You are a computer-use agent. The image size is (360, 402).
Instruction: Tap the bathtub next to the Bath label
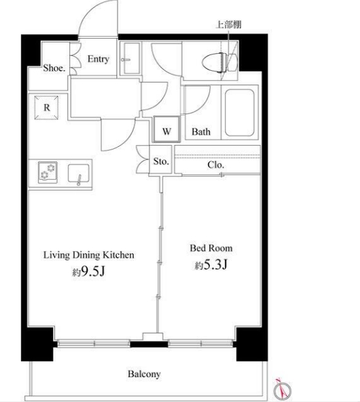click(x=239, y=113)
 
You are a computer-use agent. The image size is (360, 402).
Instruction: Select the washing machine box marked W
click(x=167, y=129)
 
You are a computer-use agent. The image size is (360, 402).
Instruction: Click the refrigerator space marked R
click(x=47, y=108)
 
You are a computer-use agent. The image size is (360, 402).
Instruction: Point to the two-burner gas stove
click(x=48, y=172)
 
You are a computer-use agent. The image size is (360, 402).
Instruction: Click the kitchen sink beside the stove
click(x=79, y=174)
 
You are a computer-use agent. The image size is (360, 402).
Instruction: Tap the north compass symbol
click(x=282, y=389)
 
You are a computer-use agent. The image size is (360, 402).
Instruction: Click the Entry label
click(x=98, y=59)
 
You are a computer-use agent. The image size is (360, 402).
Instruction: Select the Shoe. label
click(x=54, y=68)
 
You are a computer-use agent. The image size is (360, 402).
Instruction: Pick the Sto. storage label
click(x=161, y=161)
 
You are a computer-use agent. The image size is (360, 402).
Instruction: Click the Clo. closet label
click(x=216, y=165)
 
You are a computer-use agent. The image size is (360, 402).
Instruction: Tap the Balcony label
click(x=144, y=374)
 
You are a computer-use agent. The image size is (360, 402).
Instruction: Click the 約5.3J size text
click(x=211, y=264)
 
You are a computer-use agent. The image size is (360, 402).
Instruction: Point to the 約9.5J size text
click(x=89, y=271)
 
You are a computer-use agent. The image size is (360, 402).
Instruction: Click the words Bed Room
click(x=211, y=248)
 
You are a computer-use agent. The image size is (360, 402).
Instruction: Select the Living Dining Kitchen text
click(x=89, y=255)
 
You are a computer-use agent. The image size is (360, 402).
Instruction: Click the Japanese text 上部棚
click(x=228, y=25)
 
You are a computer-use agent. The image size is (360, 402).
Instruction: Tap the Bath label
click(x=201, y=132)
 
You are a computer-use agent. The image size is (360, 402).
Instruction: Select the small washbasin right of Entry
click(x=132, y=59)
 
